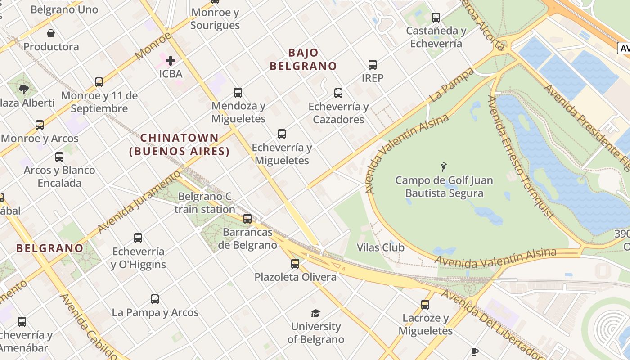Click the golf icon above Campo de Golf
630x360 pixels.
444,167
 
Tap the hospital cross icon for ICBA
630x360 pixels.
171,60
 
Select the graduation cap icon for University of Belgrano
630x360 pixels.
316,313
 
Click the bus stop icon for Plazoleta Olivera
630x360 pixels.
295,263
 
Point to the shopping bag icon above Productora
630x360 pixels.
51,33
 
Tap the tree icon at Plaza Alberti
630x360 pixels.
24,89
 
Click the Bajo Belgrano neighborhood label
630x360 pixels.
303,59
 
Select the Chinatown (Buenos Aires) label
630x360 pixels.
180,144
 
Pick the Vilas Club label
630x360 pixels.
380,247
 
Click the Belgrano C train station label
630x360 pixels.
205,203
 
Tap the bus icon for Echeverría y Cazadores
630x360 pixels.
338,93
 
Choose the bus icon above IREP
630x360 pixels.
373,64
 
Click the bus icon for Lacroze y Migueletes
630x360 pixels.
425,305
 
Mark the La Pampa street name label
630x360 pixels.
451,85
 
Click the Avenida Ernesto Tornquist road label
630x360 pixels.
521,157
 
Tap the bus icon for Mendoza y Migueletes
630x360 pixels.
238,93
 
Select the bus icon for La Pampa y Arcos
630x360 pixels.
155,299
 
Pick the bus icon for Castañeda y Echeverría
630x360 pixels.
436,18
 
